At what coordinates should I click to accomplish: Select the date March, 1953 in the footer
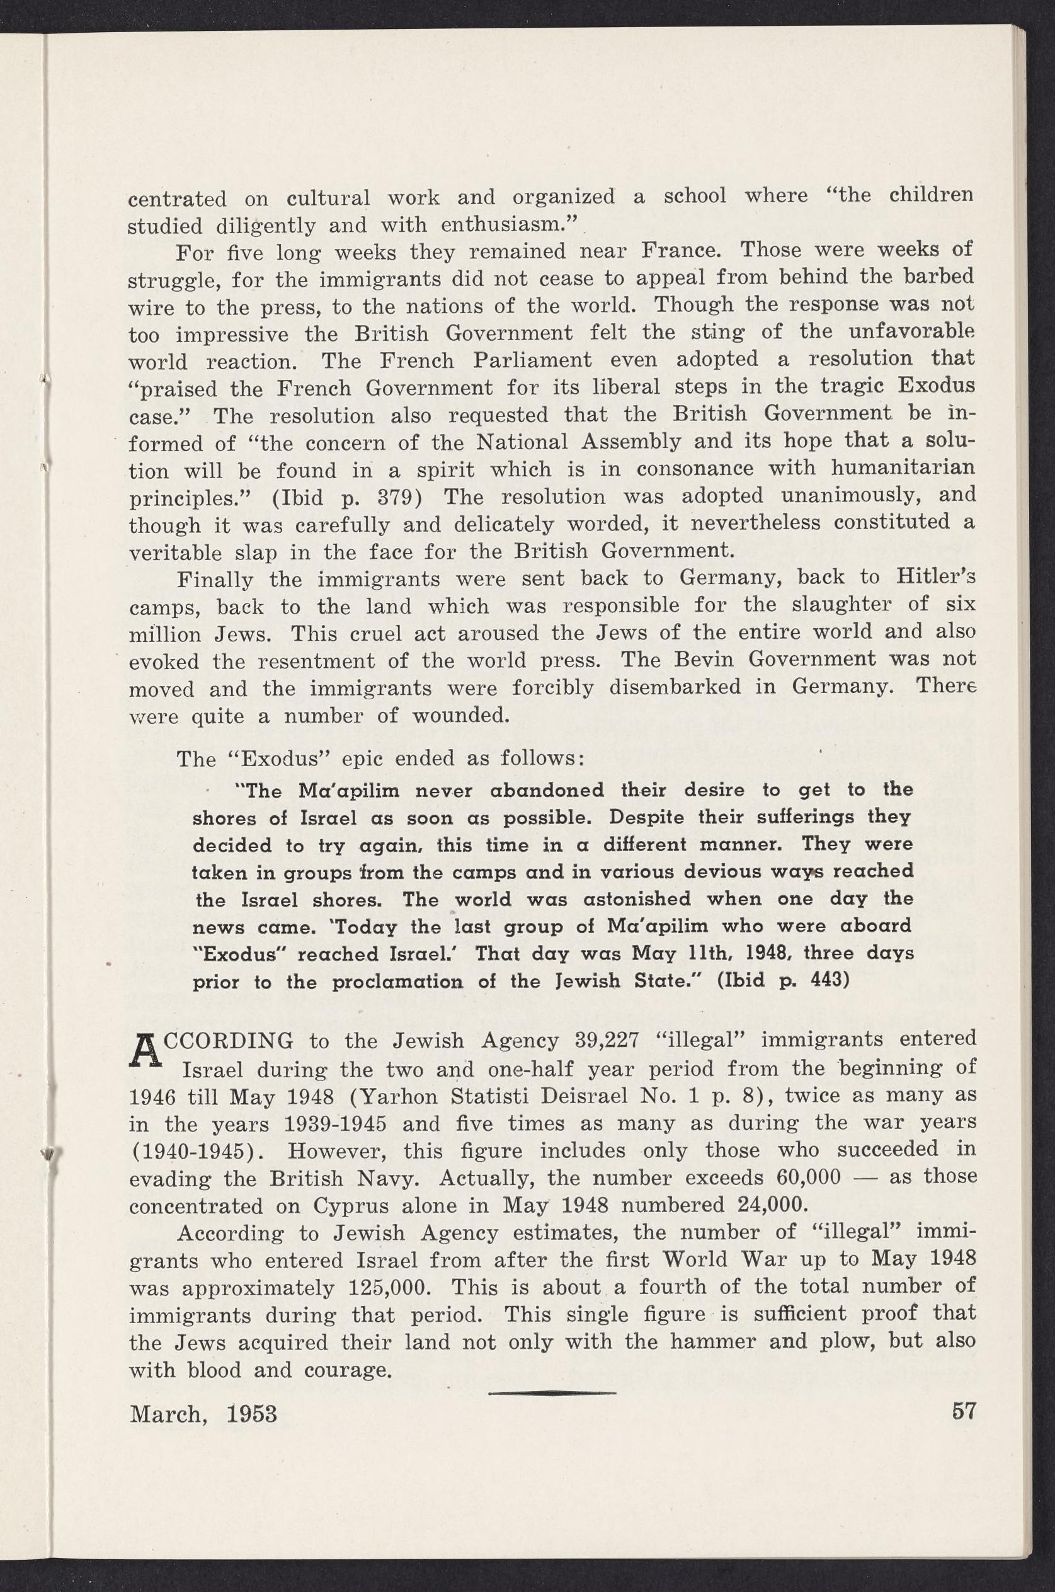203,1413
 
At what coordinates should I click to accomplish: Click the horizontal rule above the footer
552,1392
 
